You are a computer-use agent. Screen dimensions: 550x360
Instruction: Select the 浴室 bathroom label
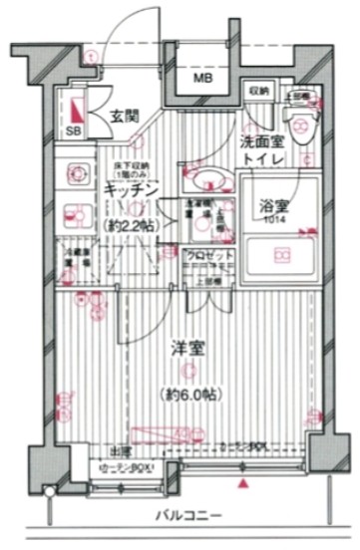pyautogui.click(x=274, y=206)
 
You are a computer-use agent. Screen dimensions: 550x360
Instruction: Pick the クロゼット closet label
pyautogui.click(x=210, y=256)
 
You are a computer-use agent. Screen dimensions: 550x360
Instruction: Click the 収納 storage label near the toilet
pyautogui.click(x=259, y=91)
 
